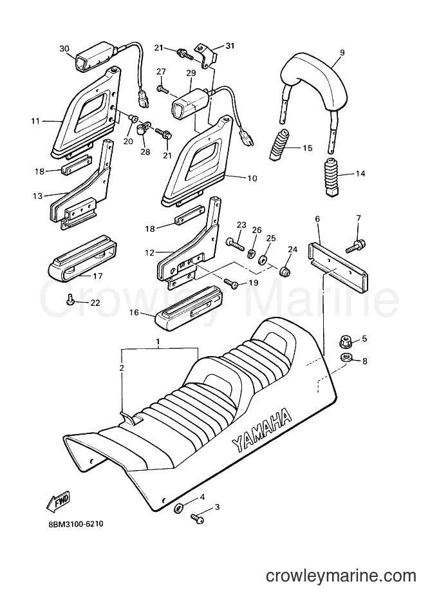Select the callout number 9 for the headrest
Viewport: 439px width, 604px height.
coord(342,52)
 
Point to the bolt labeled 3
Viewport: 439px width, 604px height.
coord(197,518)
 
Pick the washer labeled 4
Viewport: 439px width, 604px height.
coord(179,508)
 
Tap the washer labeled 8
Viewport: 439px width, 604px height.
coord(346,358)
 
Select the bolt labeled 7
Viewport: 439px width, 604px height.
coord(355,246)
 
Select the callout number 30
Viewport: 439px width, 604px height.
coord(64,48)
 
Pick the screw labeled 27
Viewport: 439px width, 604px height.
coord(163,90)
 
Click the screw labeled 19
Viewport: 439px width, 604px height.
coord(232,283)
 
